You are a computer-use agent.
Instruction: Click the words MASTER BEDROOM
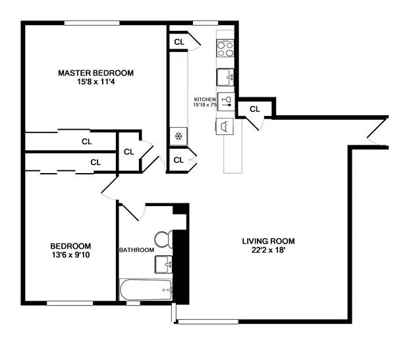click(96, 72)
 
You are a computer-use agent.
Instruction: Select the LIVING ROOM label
click(267, 241)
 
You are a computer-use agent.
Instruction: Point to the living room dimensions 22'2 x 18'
click(267, 251)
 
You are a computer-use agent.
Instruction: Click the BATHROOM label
click(136, 250)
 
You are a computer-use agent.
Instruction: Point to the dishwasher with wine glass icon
click(227, 101)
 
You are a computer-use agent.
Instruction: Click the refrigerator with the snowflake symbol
click(178, 136)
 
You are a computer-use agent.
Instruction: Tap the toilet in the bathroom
click(163, 238)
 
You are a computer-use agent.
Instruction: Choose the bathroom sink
click(163, 265)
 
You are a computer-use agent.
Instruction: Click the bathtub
click(146, 289)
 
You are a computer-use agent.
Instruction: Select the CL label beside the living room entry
click(254, 109)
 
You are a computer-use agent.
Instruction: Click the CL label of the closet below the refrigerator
click(178, 160)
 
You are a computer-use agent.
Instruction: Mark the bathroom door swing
click(132, 211)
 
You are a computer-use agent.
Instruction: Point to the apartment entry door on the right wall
click(377, 133)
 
